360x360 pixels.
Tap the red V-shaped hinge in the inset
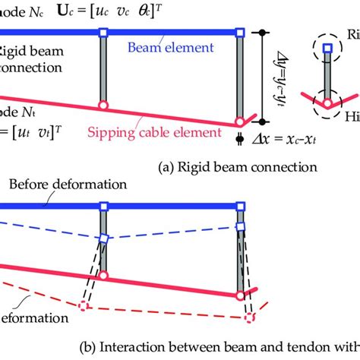pos(327,102)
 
